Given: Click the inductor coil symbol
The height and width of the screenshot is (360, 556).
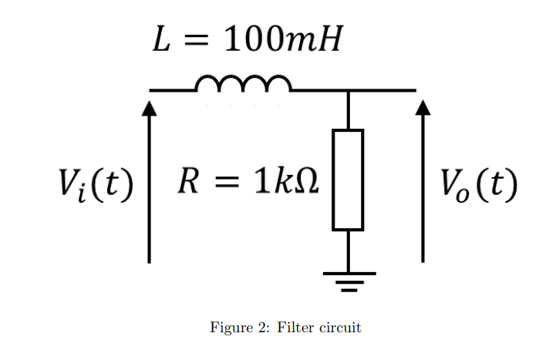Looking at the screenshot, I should coord(243,83).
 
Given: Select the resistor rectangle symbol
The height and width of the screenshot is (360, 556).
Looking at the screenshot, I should coord(348,180).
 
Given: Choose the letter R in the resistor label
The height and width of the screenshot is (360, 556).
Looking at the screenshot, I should coord(187,183).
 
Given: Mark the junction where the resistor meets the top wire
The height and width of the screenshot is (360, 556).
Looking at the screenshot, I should coord(348,91).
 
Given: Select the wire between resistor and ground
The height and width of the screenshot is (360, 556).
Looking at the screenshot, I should coord(348,251).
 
